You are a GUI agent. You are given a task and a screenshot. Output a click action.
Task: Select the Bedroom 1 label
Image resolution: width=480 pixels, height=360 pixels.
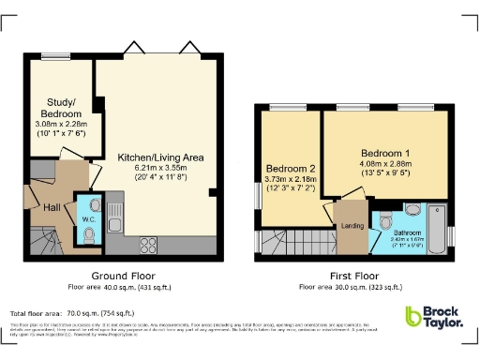click(385, 152)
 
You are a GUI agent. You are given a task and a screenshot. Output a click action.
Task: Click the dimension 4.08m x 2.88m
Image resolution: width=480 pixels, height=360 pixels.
click(385, 163)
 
